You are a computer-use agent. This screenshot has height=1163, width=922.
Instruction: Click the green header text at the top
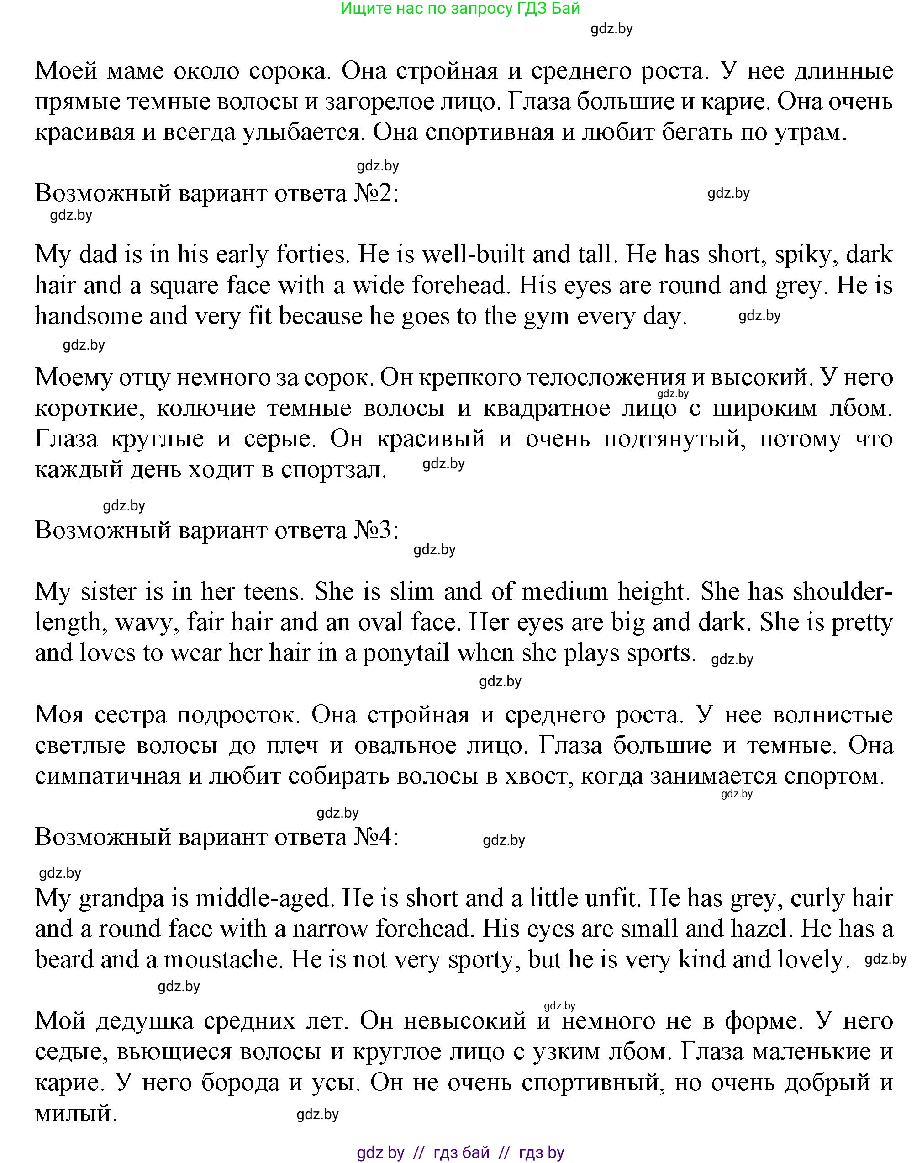point(460,9)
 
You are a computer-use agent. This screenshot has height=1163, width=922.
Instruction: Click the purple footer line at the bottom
point(460,1152)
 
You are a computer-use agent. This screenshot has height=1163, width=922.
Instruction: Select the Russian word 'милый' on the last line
point(75,1113)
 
